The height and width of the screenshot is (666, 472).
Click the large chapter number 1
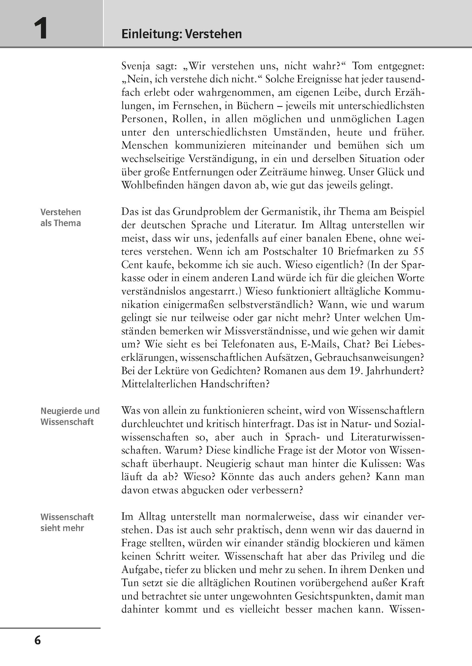40,29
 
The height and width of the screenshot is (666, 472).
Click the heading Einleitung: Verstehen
181,34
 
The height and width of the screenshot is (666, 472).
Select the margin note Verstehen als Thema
60,218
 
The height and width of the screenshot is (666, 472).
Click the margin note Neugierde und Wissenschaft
70,416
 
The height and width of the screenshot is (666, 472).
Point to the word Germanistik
292,212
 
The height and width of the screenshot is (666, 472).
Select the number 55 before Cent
418,251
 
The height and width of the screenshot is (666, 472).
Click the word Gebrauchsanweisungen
369,358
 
